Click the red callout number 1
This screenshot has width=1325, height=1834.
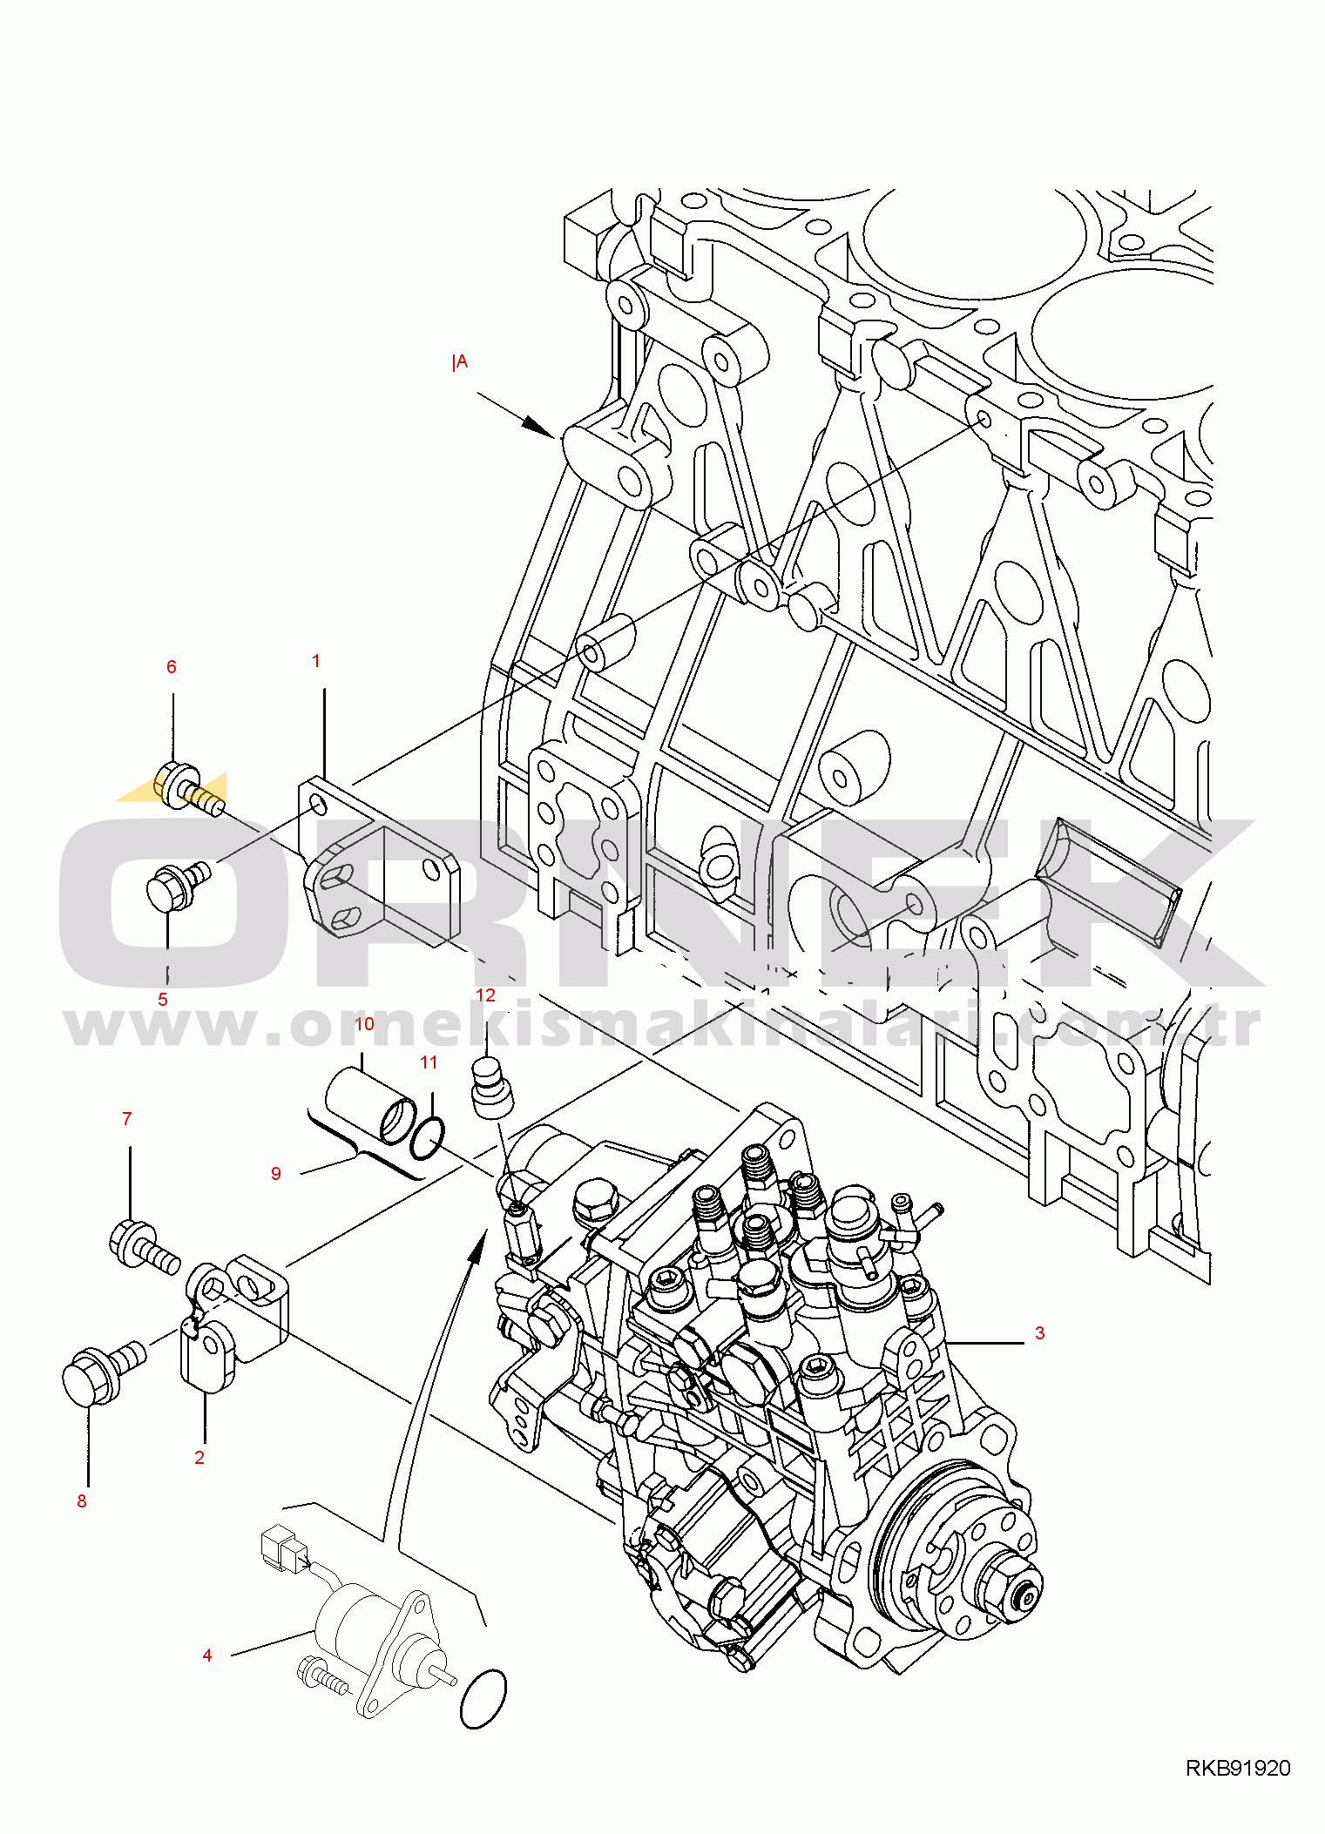point(316,661)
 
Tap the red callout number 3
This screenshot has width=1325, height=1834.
point(1039,1332)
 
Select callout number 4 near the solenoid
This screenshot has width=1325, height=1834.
point(207,1655)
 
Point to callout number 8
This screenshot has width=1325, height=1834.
point(82,1500)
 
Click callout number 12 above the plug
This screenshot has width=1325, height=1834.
point(485,995)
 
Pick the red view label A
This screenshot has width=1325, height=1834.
point(460,361)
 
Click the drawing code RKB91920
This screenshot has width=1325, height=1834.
point(1238,1768)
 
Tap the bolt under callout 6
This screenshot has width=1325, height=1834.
point(189,788)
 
